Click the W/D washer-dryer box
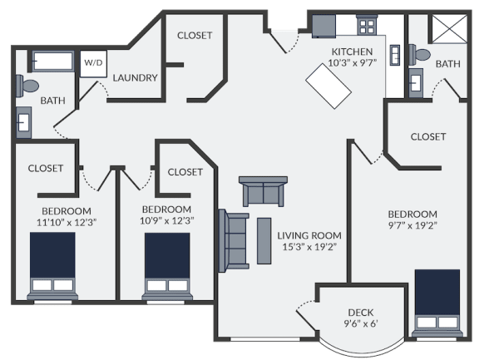point(93,64)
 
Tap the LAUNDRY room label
point(135,78)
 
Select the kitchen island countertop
point(328,86)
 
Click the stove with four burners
point(367,25)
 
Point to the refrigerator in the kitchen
point(323,27)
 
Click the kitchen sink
point(395,55)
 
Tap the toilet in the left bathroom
point(27,86)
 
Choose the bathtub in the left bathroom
point(53,61)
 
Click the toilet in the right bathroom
point(419,55)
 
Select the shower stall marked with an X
point(449,29)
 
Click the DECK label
point(361,313)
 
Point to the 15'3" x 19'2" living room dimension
point(309,247)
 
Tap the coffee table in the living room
point(264,241)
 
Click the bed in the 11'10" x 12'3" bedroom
point(52,266)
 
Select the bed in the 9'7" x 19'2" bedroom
point(437,303)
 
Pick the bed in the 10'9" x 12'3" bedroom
point(167,267)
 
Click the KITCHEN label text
point(353,52)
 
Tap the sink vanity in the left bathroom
point(23,122)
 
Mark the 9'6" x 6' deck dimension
point(361,323)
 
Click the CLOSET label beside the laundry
point(195,36)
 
